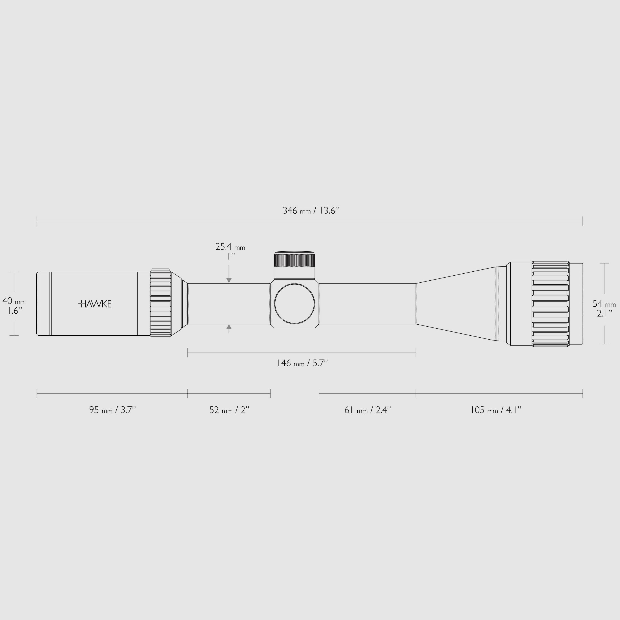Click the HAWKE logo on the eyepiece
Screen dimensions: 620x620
[x=95, y=304]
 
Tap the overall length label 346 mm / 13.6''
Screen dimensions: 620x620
[x=311, y=211]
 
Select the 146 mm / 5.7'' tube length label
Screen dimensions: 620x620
[x=302, y=363]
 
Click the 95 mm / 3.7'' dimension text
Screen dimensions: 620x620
[x=113, y=410]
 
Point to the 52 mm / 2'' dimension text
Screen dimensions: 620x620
[x=229, y=410]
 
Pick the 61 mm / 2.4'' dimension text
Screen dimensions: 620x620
[x=367, y=410]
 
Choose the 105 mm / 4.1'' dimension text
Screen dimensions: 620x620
[x=496, y=410]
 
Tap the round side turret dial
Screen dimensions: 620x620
[x=294, y=304]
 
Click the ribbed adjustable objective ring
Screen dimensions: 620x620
[x=550, y=304]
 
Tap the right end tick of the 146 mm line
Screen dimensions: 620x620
[x=416, y=353]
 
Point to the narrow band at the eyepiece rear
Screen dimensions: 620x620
[x=50, y=304]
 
